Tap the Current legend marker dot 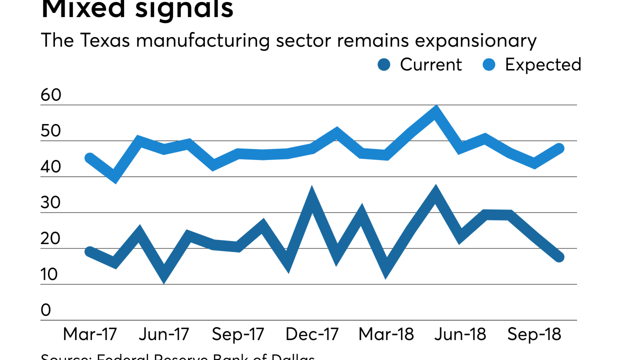[384, 64]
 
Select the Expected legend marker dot [489, 64]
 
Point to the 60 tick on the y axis [51, 95]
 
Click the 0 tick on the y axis [46, 310]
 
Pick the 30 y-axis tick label [51, 203]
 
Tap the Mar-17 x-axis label [90, 334]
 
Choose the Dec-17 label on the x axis [312, 334]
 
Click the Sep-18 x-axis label [534, 334]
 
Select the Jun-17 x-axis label [164, 334]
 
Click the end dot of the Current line [559, 257]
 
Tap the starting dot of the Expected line [90, 158]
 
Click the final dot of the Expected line [559, 148]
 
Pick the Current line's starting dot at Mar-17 [90, 251]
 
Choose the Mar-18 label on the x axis [386, 334]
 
